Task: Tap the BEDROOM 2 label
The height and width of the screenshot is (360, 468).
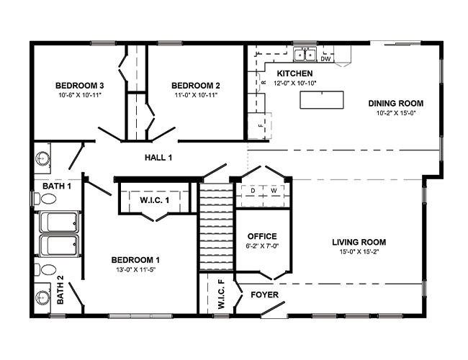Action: coord(194,84)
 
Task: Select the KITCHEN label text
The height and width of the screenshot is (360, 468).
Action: coord(295,74)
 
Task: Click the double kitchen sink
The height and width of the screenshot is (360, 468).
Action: coord(305,55)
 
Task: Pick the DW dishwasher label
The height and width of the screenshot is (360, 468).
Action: coord(325,59)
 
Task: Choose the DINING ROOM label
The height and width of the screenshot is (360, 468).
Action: coord(396,103)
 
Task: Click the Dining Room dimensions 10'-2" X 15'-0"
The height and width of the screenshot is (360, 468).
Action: coord(396,113)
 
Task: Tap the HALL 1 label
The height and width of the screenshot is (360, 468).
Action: coord(158,157)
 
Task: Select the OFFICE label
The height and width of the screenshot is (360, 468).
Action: coord(262,236)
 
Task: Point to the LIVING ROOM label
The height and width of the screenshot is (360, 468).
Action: coord(359,242)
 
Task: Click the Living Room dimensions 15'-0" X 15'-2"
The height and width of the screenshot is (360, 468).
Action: coord(359,252)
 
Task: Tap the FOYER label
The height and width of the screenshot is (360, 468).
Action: coord(264,295)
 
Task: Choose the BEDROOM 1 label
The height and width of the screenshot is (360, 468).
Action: coord(135,260)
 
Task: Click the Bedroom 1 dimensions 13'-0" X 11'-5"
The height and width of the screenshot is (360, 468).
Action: coord(135,270)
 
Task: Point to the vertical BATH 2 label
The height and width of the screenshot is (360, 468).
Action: coord(60,289)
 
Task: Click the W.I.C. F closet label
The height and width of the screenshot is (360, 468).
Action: coord(221,295)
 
